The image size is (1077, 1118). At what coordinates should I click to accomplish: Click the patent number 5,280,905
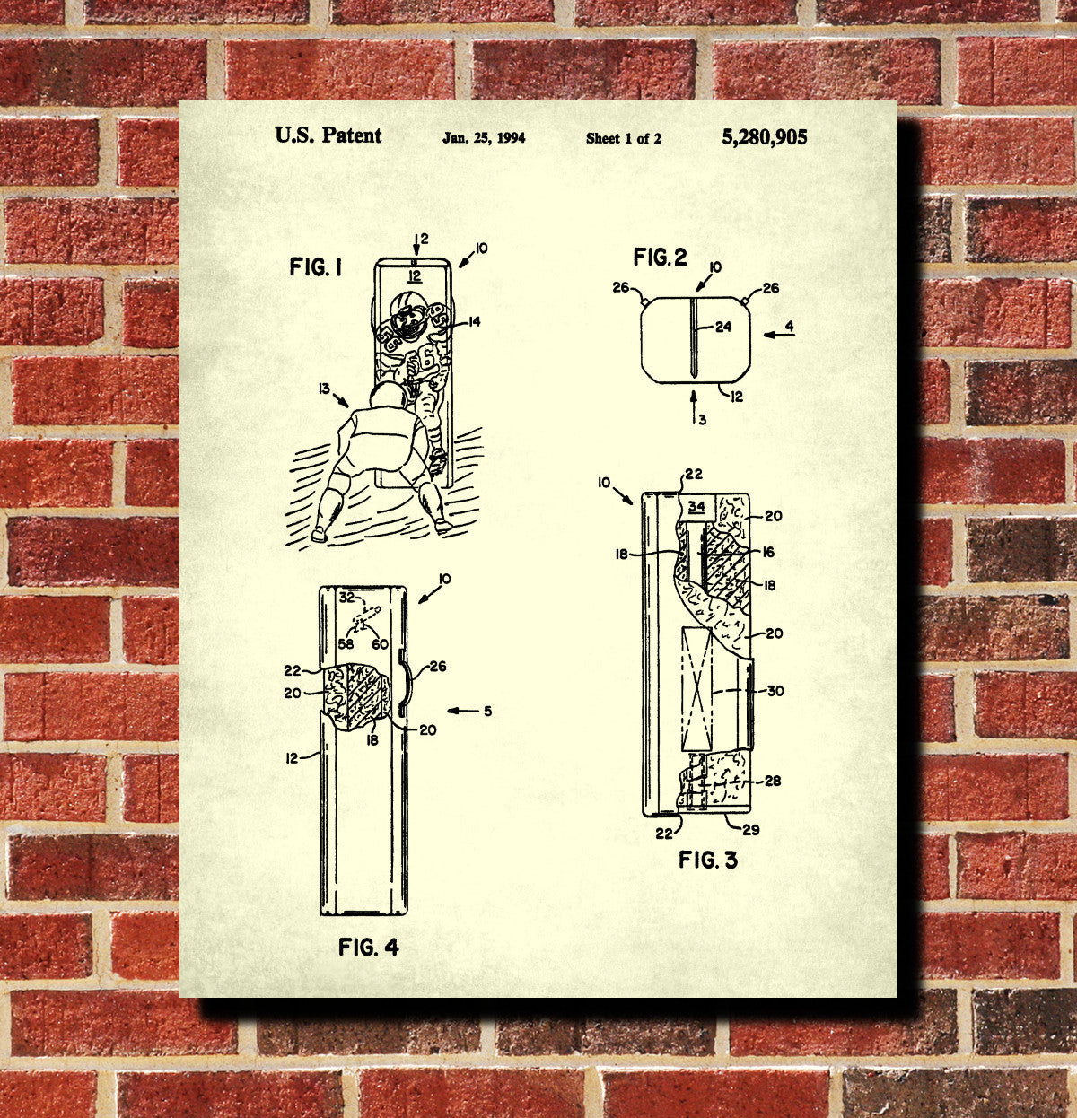tap(765, 137)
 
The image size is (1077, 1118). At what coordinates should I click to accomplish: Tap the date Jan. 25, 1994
tap(484, 138)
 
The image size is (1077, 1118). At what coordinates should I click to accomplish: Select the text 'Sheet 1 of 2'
tap(624, 138)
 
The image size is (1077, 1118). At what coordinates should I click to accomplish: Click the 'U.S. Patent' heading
tap(328, 135)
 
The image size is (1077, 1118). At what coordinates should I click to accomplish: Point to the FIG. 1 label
tap(316, 267)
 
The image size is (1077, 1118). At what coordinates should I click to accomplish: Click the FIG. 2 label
tap(661, 257)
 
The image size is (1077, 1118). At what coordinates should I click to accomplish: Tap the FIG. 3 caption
tap(707, 860)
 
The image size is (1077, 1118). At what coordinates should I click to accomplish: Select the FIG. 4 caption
tap(368, 947)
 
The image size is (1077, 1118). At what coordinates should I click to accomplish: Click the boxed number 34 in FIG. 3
tap(696, 506)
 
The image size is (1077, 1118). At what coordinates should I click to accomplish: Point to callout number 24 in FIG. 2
tap(723, 327)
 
